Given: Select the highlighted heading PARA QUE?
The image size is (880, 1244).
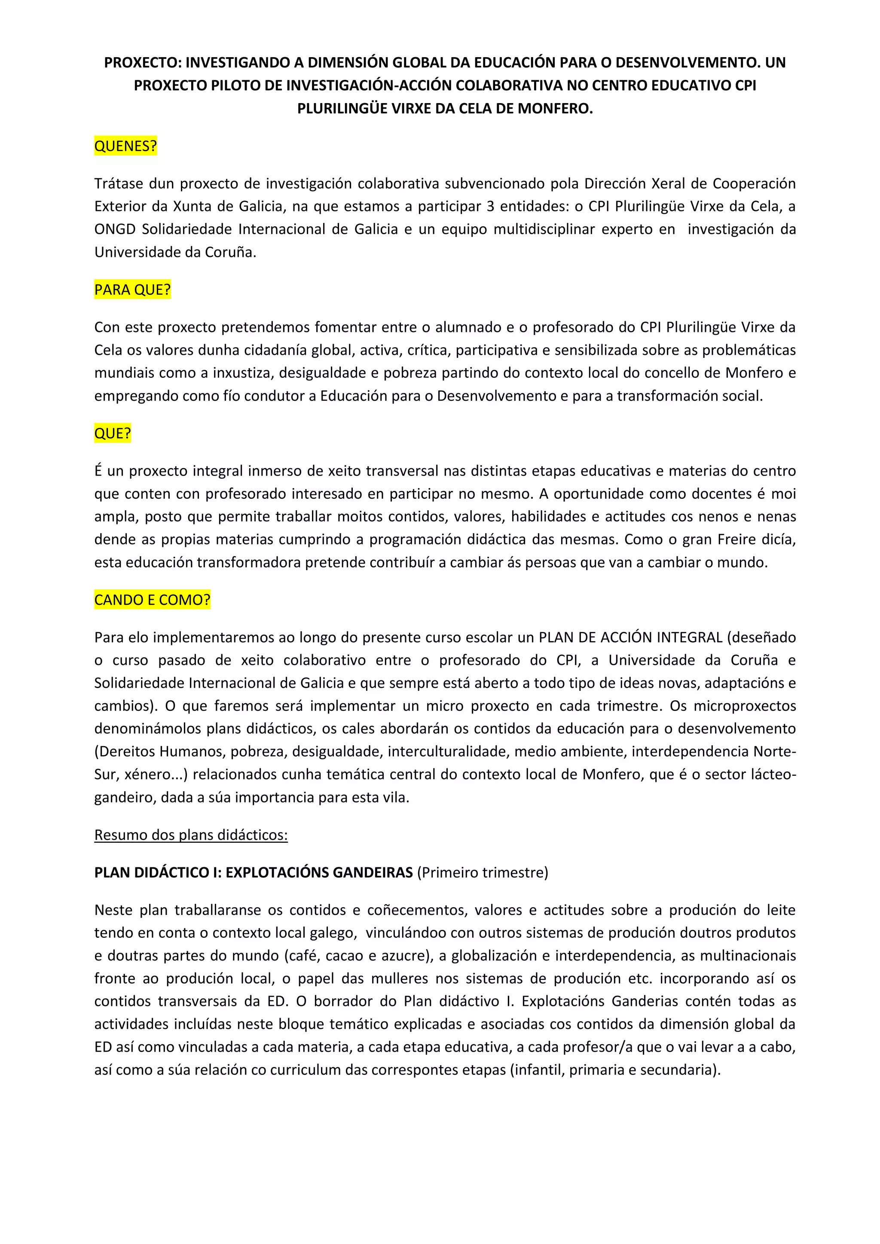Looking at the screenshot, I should coord(132,290).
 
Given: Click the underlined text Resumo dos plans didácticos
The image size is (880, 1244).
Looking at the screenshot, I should coord(191,835).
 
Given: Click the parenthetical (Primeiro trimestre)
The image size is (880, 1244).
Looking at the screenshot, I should coord(482,872).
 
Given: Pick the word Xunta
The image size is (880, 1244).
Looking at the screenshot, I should coord(191,207).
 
